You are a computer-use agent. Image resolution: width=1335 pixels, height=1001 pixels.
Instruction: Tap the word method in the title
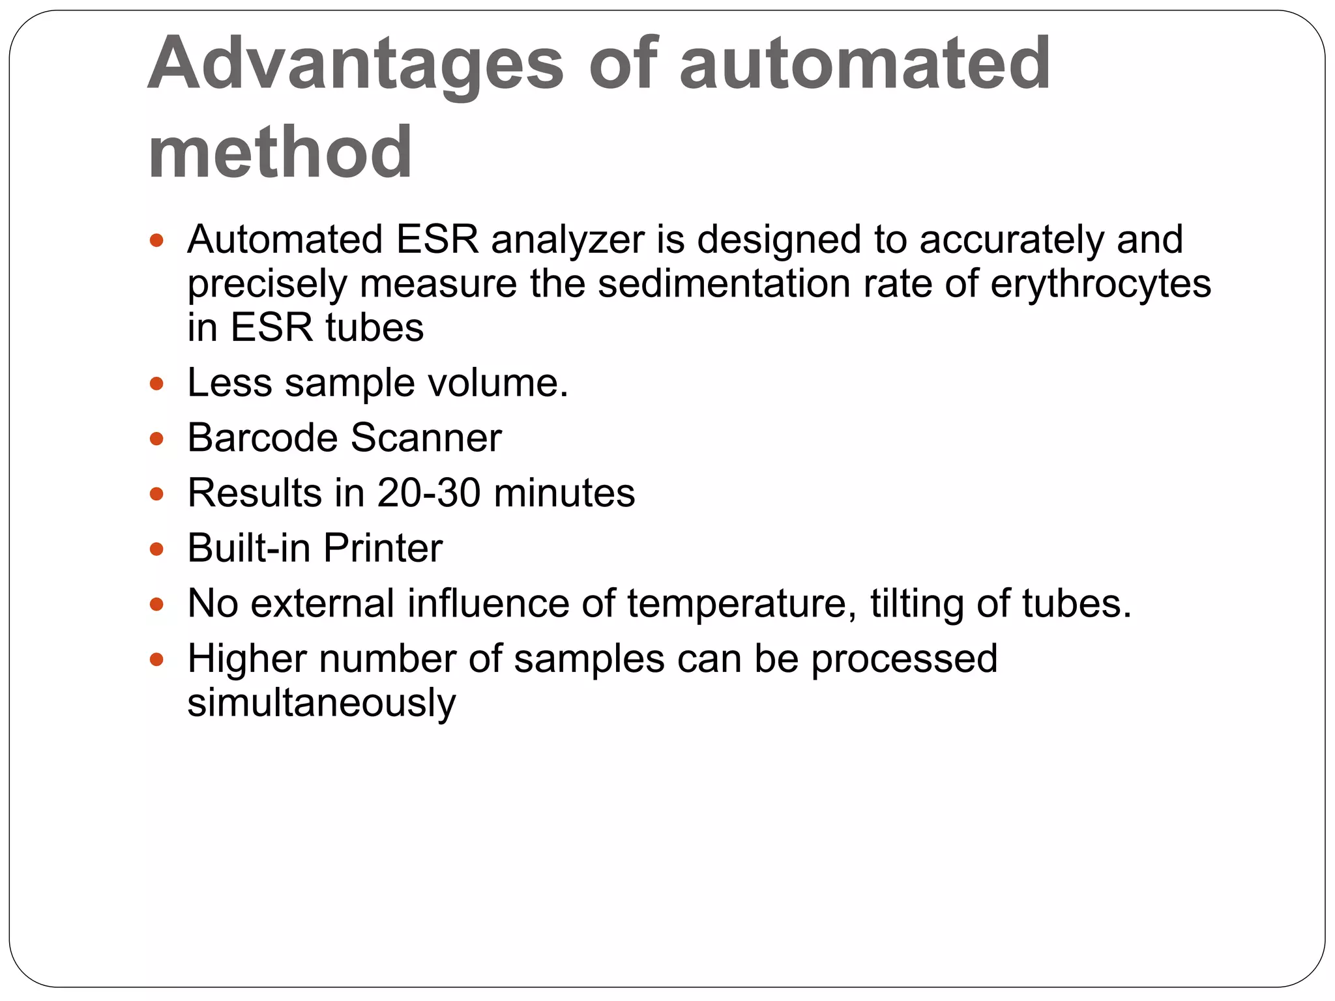click(280, 152)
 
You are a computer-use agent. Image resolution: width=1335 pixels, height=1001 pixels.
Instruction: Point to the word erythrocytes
click(1100, 284)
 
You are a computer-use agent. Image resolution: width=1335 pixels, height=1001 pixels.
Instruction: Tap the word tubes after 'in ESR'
click(374, 327)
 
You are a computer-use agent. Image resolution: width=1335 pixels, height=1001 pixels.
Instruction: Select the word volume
click(497, 383)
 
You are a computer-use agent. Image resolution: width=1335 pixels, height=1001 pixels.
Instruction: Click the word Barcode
click(263, 437)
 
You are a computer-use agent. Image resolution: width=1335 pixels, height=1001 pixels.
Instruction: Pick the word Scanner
click(426, 437)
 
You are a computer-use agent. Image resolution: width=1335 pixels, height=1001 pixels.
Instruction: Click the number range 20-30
click(428, 493)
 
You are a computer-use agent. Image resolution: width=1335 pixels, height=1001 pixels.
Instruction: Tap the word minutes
click(565, 493)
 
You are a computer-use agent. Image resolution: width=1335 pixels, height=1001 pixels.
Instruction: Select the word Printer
click(383, 548)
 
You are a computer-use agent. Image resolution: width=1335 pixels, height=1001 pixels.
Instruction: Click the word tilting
click(916, 603)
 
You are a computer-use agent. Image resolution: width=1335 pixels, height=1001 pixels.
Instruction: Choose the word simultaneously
click(321, 703)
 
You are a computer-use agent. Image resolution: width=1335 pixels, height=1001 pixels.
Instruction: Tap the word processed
click(904, 660)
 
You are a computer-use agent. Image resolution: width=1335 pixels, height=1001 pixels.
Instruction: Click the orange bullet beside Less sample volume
click(156, 384)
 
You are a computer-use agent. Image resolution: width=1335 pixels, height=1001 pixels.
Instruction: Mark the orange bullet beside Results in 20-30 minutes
click(156, 494)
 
